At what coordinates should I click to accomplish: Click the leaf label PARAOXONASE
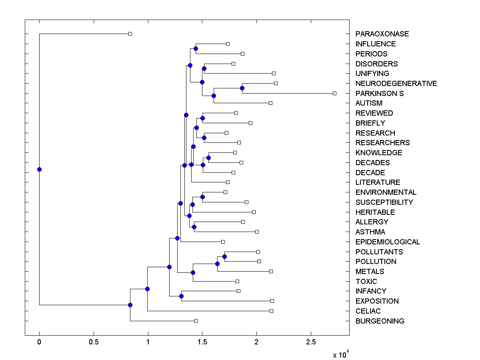coord(382,34)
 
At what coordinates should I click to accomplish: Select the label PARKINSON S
coord(379,94)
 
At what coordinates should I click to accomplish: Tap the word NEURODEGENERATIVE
coord(396,84)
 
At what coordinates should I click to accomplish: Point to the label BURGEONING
coord(380,321)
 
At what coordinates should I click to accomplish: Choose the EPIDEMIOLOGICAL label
coord(388,242)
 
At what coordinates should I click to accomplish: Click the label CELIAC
coord(368,311)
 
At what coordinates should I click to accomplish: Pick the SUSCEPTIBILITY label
coord(384,202)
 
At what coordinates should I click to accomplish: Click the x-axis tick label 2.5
coord(311,342)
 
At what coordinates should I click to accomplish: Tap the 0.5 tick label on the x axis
coord(94,342)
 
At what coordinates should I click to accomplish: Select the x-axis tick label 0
coord(39,342)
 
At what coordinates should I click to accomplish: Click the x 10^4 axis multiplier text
coord(341,354)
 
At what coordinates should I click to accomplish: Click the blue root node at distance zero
coord(39,169)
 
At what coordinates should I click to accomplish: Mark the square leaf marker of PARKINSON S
coord(334,93)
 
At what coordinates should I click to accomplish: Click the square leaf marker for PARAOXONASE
coord(130,34)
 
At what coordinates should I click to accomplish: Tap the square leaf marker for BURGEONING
coord(196,321)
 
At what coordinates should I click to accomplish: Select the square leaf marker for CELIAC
coord(271,311)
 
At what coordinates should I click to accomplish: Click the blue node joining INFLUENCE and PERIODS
coord(196,49)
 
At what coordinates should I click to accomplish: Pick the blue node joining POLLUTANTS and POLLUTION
coord(224,256)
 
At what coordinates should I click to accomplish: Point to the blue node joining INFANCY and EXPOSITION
coord(181,296)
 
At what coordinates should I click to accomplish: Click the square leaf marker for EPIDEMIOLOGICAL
coord(223,242)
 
